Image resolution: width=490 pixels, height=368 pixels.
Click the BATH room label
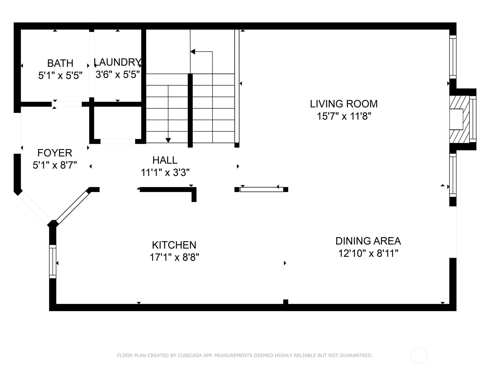pos(60,63)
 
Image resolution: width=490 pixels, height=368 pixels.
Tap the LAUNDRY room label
pos(118,62)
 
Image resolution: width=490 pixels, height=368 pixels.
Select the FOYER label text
pos(55,153)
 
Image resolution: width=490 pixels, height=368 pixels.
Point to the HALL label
pos(165,160)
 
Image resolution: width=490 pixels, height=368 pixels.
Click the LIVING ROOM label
pos(344,104)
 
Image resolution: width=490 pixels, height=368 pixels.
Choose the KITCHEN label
pos(174,245)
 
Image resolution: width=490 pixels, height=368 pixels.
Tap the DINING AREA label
pos(368,241)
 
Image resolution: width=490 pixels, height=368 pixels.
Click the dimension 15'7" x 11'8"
pos(344,116)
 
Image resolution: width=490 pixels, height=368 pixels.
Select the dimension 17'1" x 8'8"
pos(174,257)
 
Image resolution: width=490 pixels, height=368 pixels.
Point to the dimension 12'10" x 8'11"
pos(368,253)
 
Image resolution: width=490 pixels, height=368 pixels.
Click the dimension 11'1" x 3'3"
pos(165,172)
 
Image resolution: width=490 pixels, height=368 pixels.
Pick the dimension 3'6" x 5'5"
pos(118,75)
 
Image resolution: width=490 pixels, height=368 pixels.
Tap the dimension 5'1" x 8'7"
pos(55,165)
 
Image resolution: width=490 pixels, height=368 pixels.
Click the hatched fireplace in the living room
pos(459,120)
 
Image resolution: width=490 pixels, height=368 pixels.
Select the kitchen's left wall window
pos(53,261)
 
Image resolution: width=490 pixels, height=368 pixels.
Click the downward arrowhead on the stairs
pos(168,140)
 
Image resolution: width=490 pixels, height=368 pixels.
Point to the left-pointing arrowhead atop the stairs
pos(193,52)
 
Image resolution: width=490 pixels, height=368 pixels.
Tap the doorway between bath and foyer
pos(67,104)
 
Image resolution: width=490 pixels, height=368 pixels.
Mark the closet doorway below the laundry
pos(118,141)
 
